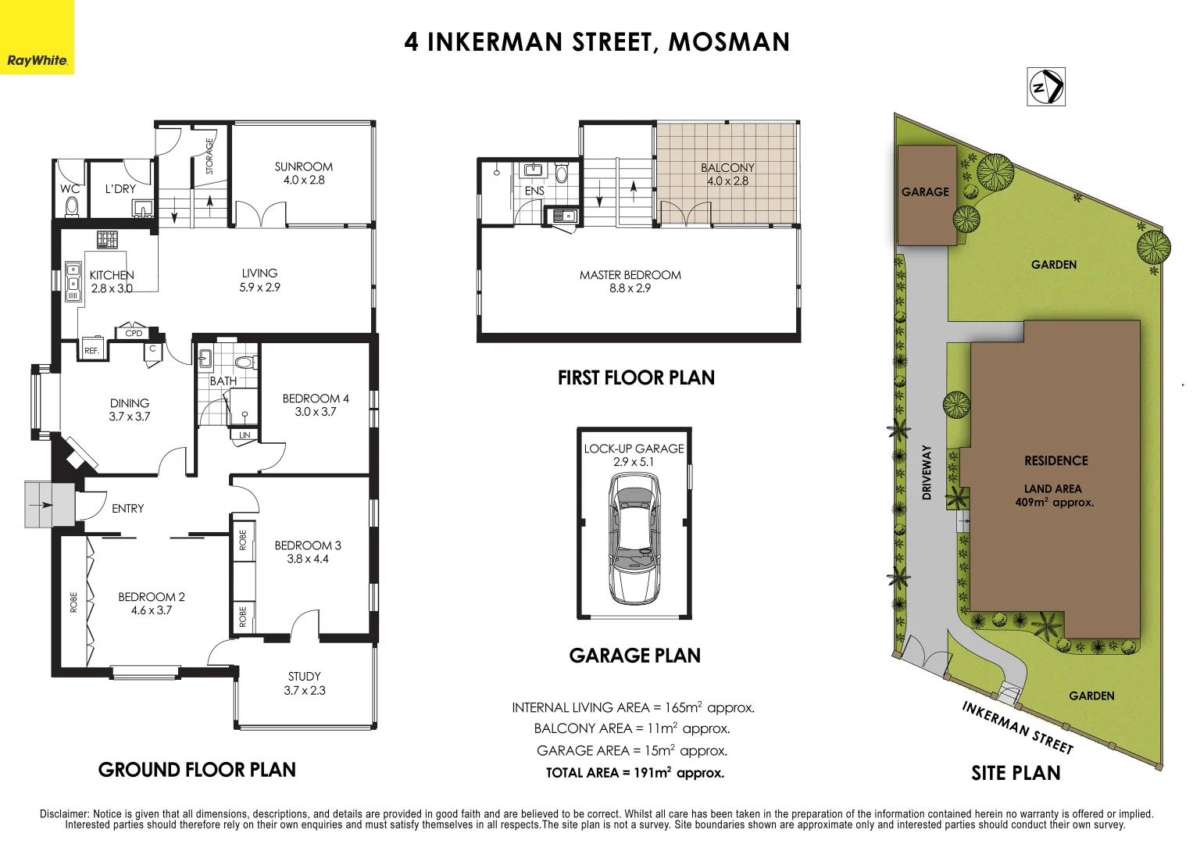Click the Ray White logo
pyautogui.click(x=37, y=60)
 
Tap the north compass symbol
pyautogui.click(x=1046, y=87)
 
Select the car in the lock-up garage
pyautogui.click(x=634, y=539)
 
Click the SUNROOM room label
pyautogui.click(x=303, y=166)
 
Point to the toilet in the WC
pyautogui.click(x=71, y=206)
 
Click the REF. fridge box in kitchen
pyautogui.click(x=92, y=350)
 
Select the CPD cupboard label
pyautogui.click(x=134, y=333)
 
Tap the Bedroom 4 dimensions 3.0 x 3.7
pyautogui.click(x=316, y=412)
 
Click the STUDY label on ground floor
pyautogui.click(x=304, y=676)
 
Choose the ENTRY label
pyautogui.click(x=127, y=509)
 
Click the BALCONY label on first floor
pyautogui.click(x=727, y=167)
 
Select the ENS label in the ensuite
pyautogui.click(x=534, y=191)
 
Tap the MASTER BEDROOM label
pyautogui.click(x=630, y=275)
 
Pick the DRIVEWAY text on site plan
pyautogui.click(x=927, y=472)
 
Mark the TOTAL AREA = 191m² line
pyautogui.click(x=634, y=773)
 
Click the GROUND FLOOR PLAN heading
pyautogui.click(x=197, y=770)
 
